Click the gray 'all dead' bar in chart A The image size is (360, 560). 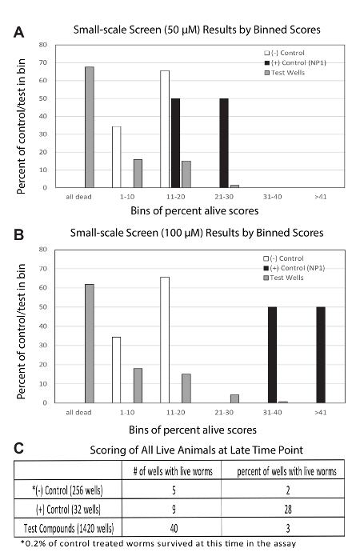click(90, 127)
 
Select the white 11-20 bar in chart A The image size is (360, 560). click(165, 130)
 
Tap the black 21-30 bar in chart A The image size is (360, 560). click(224, 143)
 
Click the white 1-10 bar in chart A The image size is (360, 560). click(117, 157)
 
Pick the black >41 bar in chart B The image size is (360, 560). click(321, 354)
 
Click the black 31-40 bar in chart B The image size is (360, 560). click(272, 354)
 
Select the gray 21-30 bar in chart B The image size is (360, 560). click(234, 398)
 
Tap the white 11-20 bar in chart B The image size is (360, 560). click(165, 340)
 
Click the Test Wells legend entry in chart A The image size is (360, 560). click(285, 73)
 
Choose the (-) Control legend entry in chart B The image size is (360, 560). click(283, 258)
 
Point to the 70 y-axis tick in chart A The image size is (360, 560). click(43, 62)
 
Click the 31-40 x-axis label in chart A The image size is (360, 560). click(273, 197)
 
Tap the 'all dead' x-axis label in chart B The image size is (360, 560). click(78, 413)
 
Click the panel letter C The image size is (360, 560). click(19, 448)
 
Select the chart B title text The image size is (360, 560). click(197, 233)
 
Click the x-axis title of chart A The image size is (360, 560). click(194, 210)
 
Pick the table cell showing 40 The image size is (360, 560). click(174, 528)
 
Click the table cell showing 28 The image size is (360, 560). click(288, 509)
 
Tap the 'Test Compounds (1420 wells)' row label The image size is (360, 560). click(69, 528)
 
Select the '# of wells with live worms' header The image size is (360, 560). click(173, 471)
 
